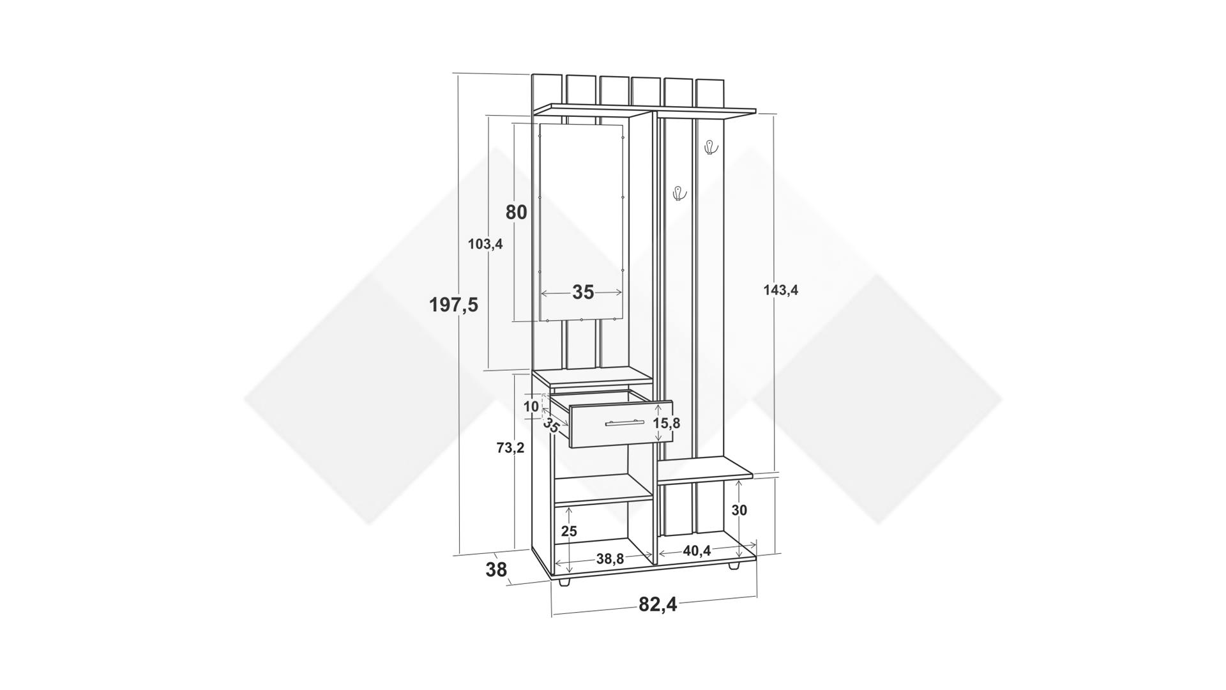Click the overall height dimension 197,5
click(453, 305)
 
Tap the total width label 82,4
click(658, 604)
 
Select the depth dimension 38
click(496, 569)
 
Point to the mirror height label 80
click(517, 211)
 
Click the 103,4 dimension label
click(485, 243)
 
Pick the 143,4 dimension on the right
click(781, 290)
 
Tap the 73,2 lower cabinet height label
click(510, 448)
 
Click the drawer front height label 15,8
click(667, 423)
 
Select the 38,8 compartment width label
click(610, 559)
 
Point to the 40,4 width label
click(697, 551)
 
